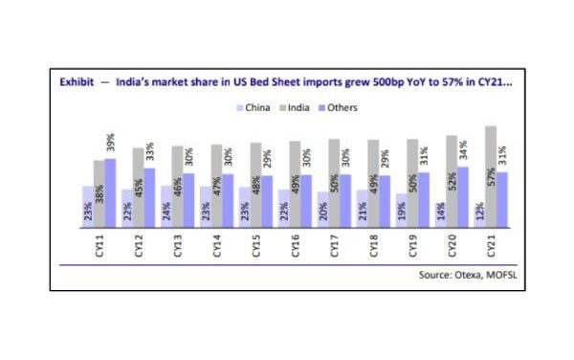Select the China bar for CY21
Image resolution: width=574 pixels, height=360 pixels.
(x=477, y=216)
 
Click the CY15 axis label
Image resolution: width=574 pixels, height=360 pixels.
(x=255, y=248)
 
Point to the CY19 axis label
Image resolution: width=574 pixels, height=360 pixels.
(x=412, y=248)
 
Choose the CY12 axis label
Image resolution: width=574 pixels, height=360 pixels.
(x=139, y=248)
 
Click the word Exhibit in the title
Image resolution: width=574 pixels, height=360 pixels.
(x=77, y=83)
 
